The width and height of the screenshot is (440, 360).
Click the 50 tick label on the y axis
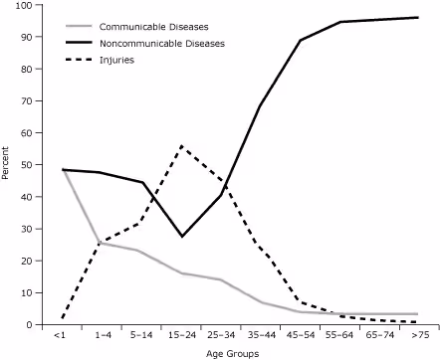point(26,165)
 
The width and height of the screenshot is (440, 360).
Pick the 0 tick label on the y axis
point(29,325)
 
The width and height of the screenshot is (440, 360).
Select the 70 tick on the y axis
point(26,100)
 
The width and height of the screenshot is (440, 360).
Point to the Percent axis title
point(7,165)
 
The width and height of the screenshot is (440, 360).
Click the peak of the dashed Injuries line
point(181,146)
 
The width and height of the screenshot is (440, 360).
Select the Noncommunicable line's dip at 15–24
point(181,237)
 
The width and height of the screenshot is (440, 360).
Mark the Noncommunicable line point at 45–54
point(300,41)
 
